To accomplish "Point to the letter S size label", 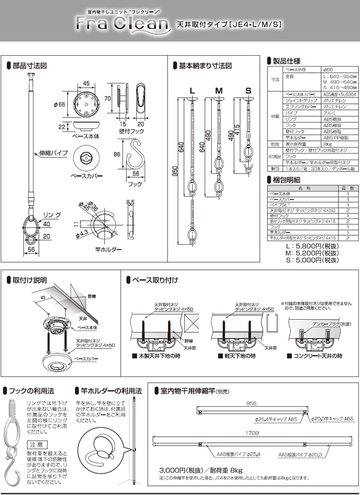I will tap(247, 91).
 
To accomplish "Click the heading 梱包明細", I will tap(284, 179).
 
